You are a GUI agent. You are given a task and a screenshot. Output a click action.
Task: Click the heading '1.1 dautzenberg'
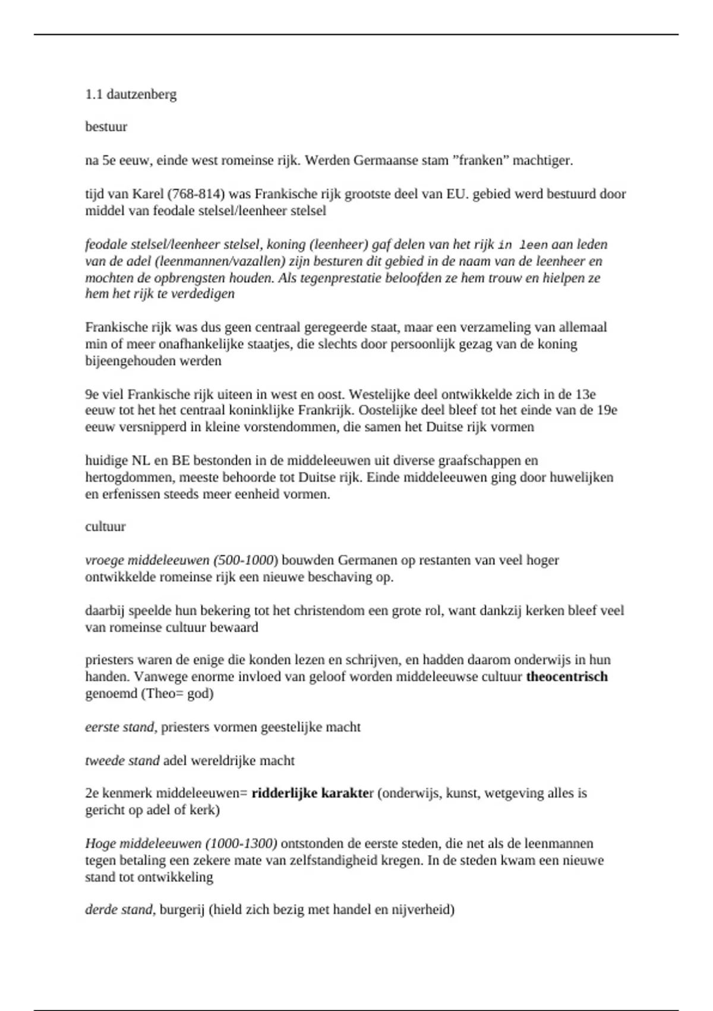click(x=131, y=94)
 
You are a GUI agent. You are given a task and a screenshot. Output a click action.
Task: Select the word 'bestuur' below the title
click(x=106, y=127)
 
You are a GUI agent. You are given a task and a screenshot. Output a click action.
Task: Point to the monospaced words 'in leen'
click(x=523, y=244)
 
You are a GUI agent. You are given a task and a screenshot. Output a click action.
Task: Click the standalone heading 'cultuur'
click(x=106, y=526)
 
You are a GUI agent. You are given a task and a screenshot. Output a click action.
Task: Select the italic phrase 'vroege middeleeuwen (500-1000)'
click(x=182, y=560)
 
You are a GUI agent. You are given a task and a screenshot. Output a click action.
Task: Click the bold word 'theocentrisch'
click(x=567, y=677)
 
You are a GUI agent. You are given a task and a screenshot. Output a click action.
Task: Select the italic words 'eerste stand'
click(x=121, y=727)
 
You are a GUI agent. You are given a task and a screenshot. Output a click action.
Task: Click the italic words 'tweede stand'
click(x=122, y=761)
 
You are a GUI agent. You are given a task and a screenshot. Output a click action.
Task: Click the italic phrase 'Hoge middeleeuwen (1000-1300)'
click(x=181, y=844)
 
